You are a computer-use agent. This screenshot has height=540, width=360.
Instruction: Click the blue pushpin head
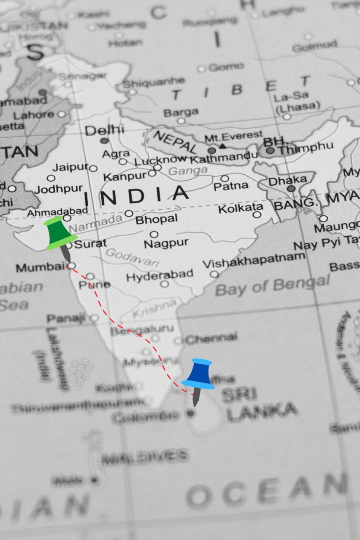click(198, 374)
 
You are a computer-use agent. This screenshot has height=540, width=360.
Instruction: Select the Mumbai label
click(41, 267)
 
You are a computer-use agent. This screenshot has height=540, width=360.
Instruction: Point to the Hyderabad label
click(160, 276)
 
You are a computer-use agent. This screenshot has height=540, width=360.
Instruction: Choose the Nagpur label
click(166, 244)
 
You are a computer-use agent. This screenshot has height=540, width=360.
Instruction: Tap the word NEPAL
click(175, 142)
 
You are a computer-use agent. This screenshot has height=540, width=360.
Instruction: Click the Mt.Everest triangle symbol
click(222, 146)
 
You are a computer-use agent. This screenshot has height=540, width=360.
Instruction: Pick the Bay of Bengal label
click(272, 285)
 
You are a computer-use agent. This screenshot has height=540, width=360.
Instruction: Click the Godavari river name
click(133, 258)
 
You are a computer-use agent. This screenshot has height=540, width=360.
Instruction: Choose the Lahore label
click(34, 115)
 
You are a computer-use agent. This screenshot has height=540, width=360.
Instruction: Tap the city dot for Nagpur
click(154, 235)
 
